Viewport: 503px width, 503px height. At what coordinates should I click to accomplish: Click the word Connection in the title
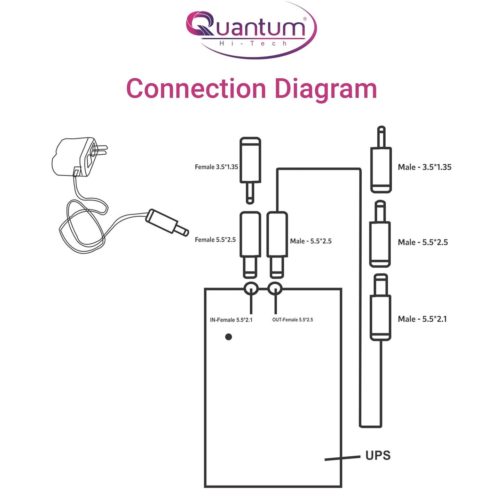click(x=196, y=88)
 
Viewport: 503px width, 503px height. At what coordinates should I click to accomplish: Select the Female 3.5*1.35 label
click(x=216, y=167)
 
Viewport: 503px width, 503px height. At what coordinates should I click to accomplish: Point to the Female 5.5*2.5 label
click(x=215, y=240)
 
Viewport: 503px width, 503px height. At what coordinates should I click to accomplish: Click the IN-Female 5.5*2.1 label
click(x=231, y=320)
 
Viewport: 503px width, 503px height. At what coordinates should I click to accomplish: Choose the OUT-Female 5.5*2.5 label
click(x=292, y=320)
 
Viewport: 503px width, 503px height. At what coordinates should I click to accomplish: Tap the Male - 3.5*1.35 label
click(x=424, y=167)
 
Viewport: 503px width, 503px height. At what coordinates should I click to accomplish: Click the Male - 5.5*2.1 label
click(x=422, y=319)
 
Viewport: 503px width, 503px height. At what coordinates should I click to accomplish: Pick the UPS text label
click(x=378, y=456)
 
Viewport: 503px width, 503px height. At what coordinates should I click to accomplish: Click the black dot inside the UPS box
click(x=228, y=337)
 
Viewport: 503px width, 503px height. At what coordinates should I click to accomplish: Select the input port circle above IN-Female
click(x=251, y=289)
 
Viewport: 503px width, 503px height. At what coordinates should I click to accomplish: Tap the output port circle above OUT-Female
click(x=275, y=289)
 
